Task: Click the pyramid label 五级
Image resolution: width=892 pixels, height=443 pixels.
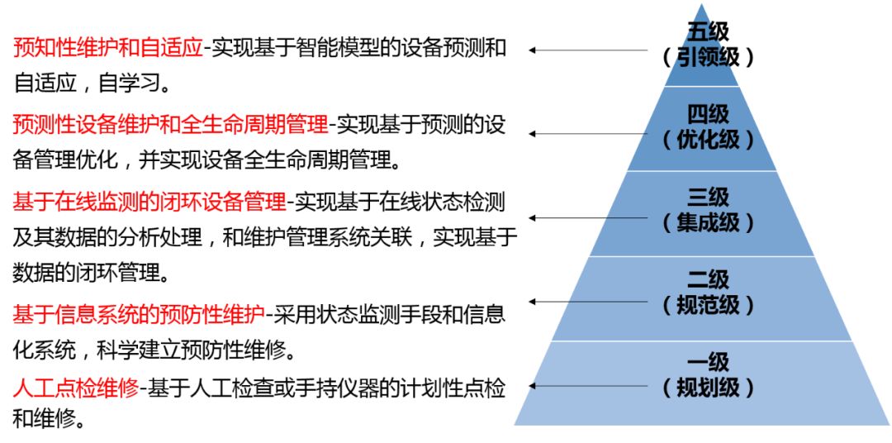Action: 708,32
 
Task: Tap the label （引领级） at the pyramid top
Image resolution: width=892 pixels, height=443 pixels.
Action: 708,57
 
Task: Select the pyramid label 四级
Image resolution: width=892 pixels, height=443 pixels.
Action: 708,116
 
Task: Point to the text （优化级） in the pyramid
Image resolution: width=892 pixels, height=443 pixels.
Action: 708,140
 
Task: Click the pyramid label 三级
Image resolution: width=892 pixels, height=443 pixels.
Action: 708,198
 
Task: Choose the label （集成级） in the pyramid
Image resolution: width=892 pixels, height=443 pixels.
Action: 708,223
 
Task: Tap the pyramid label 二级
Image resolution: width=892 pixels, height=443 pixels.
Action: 708,281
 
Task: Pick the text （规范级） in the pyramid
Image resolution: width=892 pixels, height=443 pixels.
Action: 708,306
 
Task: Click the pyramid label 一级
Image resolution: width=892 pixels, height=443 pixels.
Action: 708,364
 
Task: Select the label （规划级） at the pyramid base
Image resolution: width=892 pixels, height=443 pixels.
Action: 708,388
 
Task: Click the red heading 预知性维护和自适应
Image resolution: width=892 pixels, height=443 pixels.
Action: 107,49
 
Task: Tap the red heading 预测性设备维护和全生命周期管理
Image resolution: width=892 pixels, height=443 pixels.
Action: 170,125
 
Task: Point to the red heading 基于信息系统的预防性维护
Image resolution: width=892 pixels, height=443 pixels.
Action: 139,313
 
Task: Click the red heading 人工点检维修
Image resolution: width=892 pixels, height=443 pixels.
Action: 76,389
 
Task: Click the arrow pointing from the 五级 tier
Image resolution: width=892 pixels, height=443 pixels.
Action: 588,50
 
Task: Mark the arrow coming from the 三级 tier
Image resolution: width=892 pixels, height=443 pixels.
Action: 588,217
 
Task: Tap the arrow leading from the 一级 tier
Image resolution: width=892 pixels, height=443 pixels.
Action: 588,385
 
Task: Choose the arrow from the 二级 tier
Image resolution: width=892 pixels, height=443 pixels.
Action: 588,301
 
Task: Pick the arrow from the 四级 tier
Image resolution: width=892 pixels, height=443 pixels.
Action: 588,134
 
